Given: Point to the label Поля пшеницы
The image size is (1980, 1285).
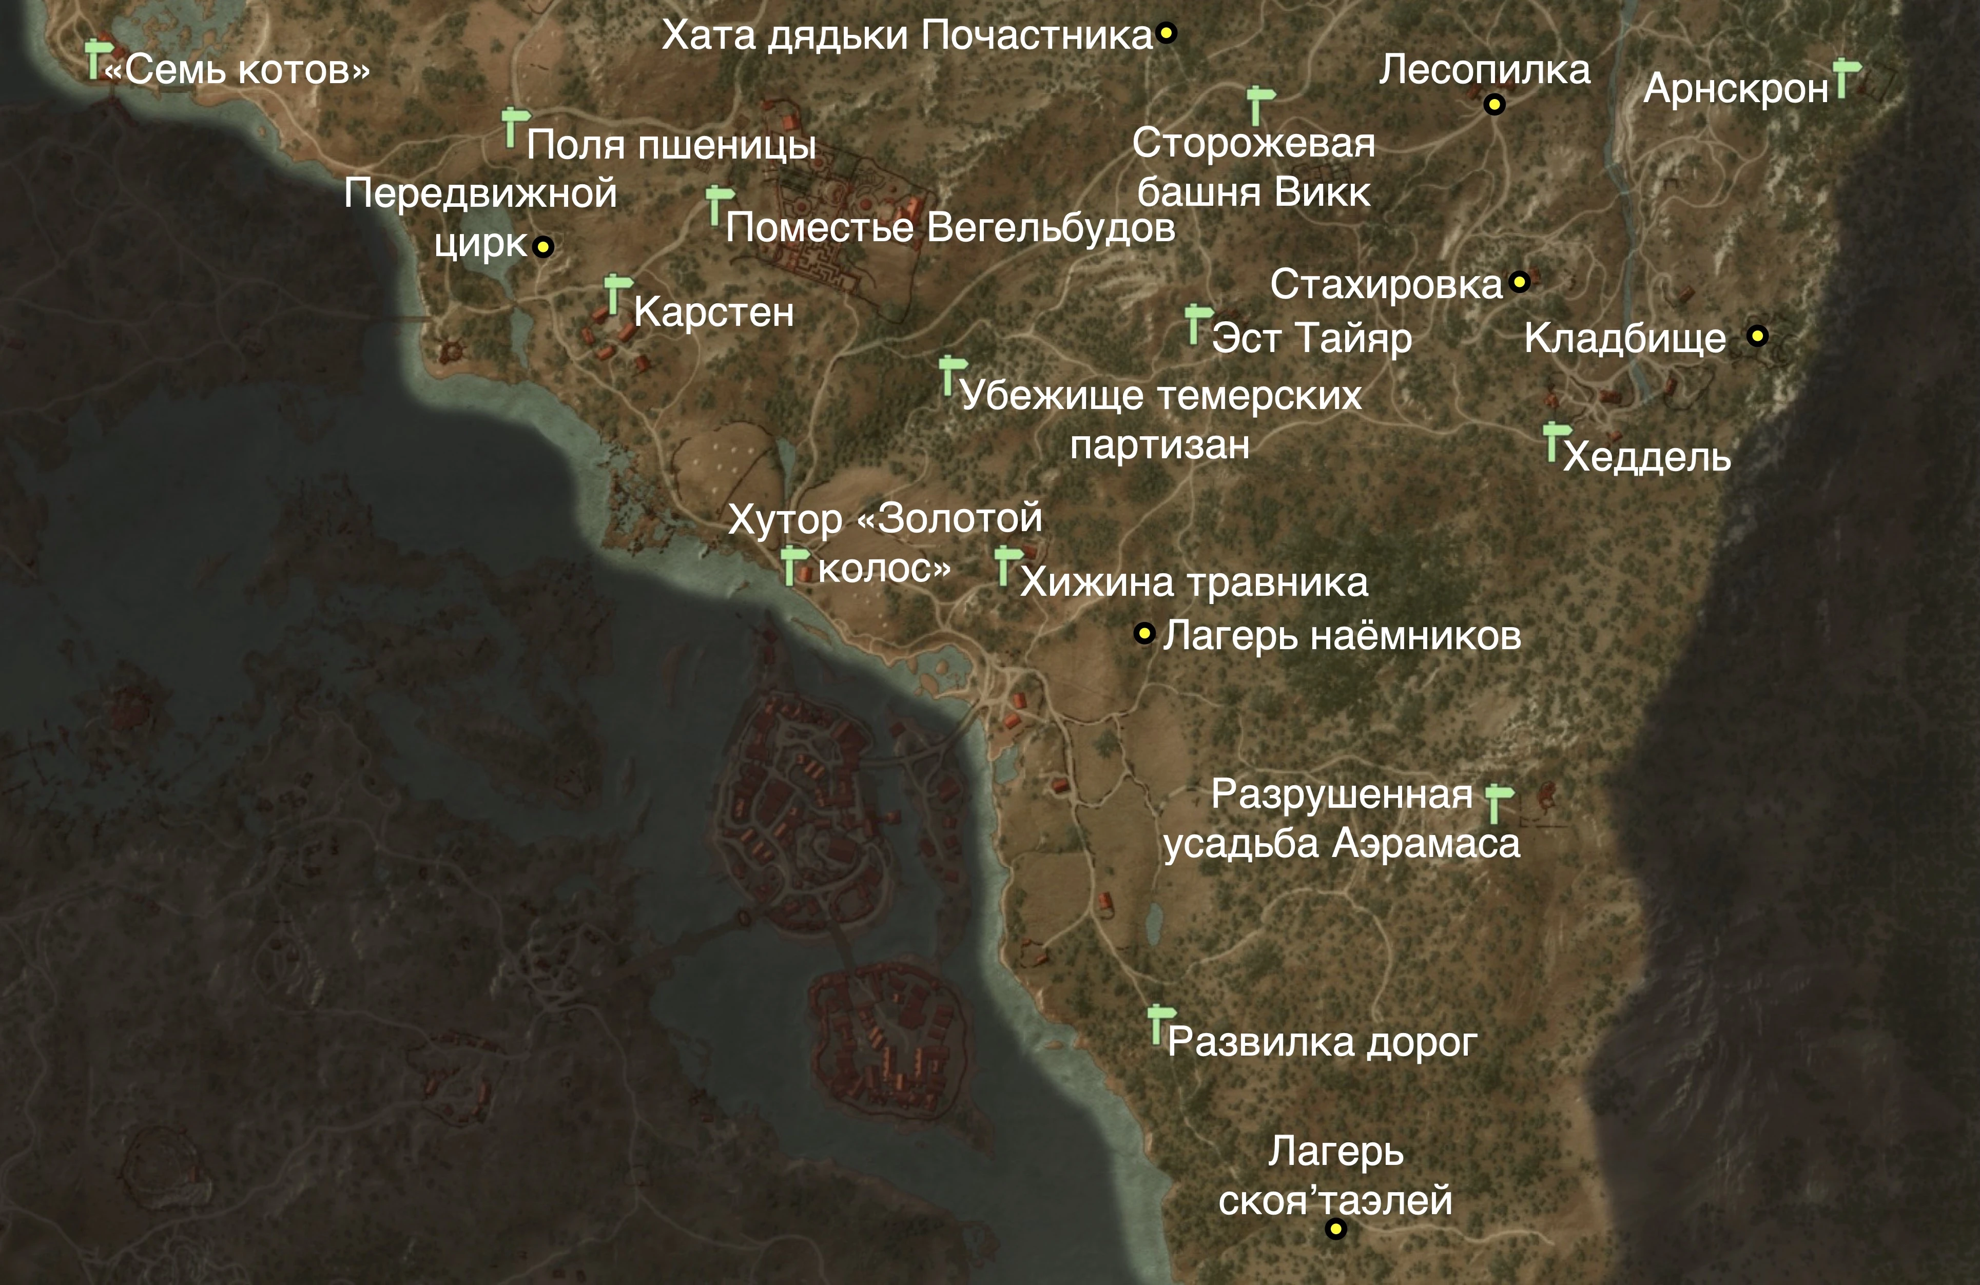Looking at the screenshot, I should (671, 145).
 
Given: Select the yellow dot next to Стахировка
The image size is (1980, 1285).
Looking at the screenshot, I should (1519, 282).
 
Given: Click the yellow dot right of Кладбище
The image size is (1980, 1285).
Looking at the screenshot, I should (1757, 336).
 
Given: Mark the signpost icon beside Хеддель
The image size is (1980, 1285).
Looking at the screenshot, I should (1553, 441).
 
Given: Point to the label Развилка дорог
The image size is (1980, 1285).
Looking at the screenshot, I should (1322, 1043).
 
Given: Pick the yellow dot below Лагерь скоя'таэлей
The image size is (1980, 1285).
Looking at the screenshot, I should (1335, 1229).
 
